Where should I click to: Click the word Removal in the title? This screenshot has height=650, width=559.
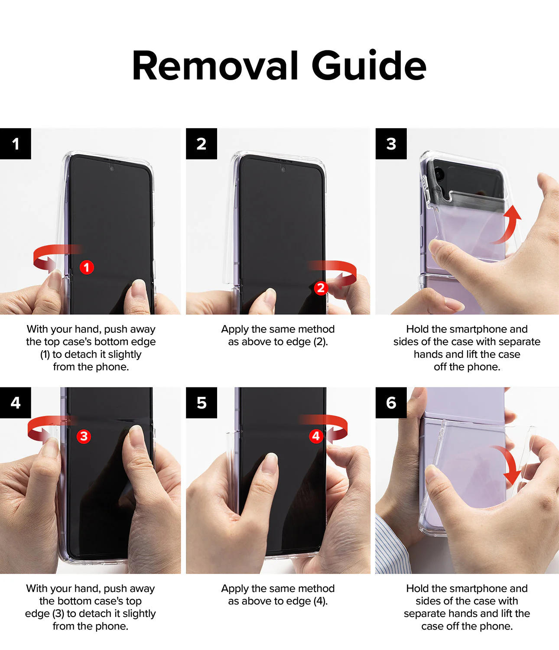coord(215,65)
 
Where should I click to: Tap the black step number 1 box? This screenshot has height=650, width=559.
coord(16,143)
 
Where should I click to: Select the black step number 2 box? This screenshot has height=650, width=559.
coord(201,143)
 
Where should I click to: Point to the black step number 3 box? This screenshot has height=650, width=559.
coord(391,143)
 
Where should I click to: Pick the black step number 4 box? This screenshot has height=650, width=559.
coord(16,403)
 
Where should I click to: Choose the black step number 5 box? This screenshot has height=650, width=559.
coord(201,403)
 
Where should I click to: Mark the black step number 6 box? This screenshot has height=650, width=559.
coord(391,403)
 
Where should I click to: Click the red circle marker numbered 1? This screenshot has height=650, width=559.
coord(87,267)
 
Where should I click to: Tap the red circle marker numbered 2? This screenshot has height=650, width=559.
coord(321,288)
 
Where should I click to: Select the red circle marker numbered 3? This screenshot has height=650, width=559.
coord(84,436)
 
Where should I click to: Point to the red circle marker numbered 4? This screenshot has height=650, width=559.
coord(316,436)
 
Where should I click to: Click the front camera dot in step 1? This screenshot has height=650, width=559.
coord(111,169)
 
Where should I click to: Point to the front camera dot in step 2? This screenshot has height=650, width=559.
coord(283,169)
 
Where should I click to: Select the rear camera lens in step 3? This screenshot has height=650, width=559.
coord(438,173)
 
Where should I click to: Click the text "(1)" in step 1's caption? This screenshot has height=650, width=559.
coord(45,354)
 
